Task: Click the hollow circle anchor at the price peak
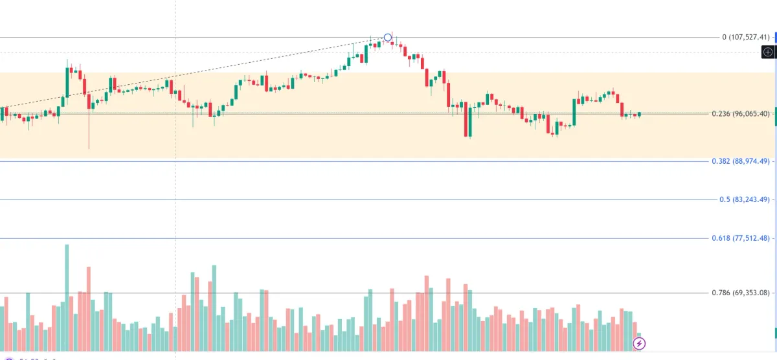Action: [x=388, y=38]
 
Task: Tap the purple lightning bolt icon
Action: [x=639, y=344]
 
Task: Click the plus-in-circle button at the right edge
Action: [x=768, y=52]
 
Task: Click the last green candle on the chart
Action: [x=639, y=115]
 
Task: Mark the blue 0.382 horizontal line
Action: [x=388, y=161]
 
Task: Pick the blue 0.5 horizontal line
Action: [x=388, y=199]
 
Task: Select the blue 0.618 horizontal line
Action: [x=388, y=238]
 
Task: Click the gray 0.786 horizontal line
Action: [x=388, y=293]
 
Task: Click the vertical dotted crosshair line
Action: [x=175, y=194]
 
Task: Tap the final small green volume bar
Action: [x=639, y=335]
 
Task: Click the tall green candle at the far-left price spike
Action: [x=67, y=82]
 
